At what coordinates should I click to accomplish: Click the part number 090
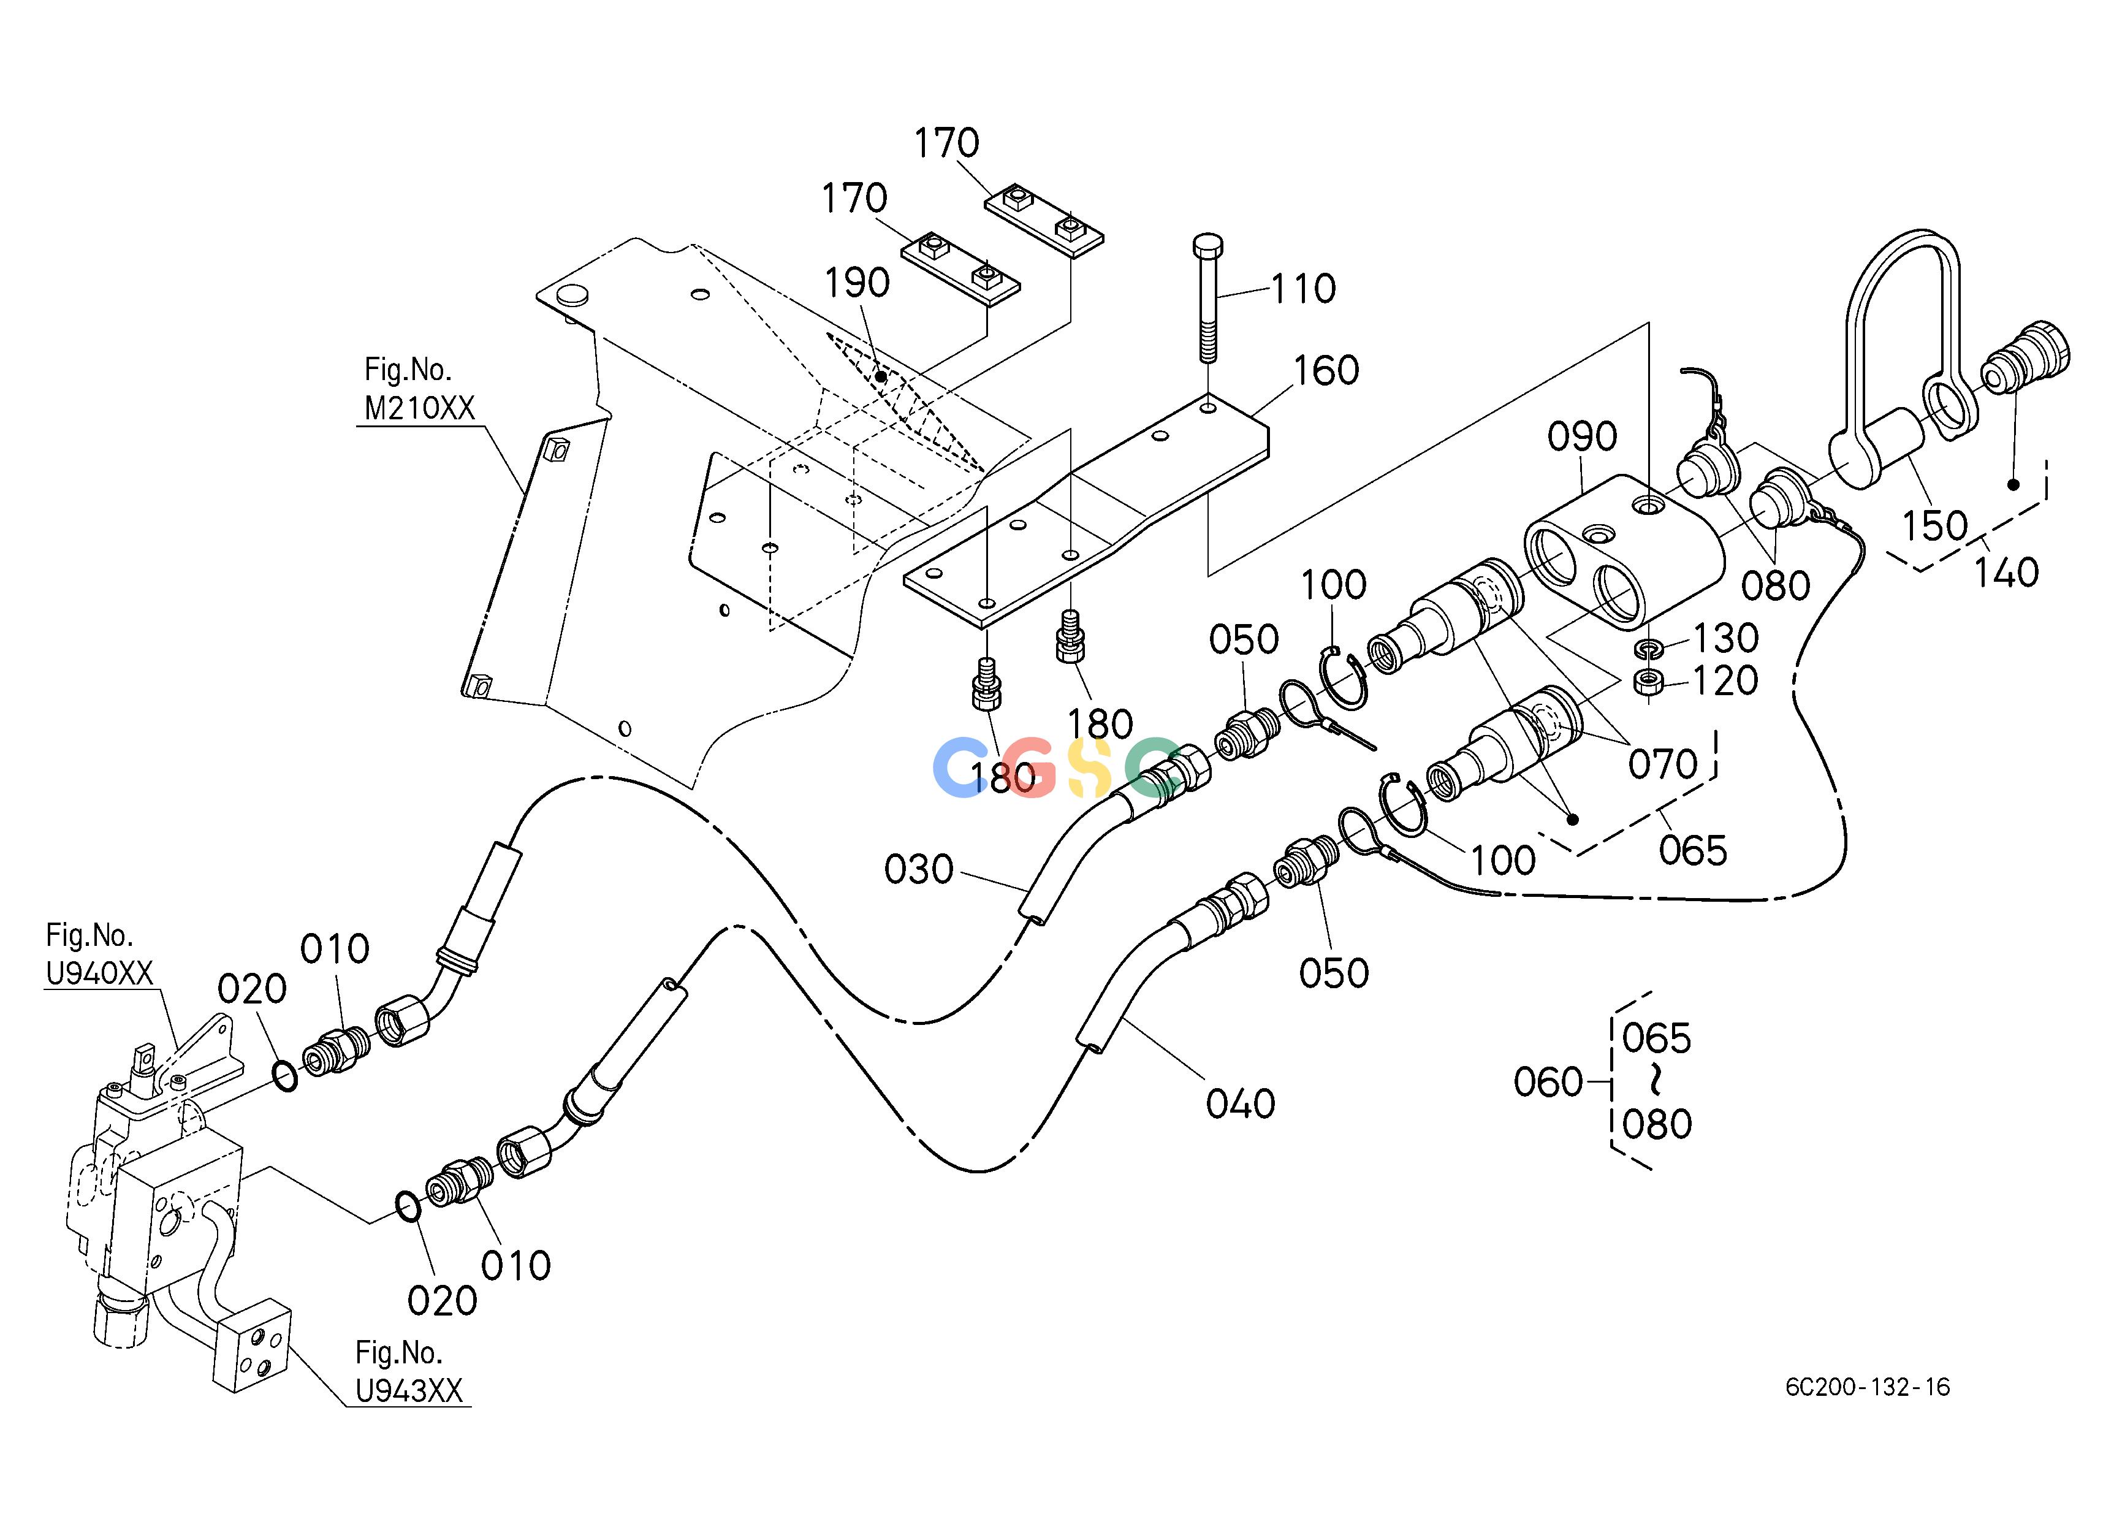[x=1582, y=436]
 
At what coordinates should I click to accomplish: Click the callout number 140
[x=2006, y=572]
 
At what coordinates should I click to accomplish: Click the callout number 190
[x=857, y=283]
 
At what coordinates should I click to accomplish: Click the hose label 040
[x=1240, y=1105]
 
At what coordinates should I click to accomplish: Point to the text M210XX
[x=419, y=408]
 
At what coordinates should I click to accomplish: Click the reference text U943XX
[x=409, y=1392]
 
